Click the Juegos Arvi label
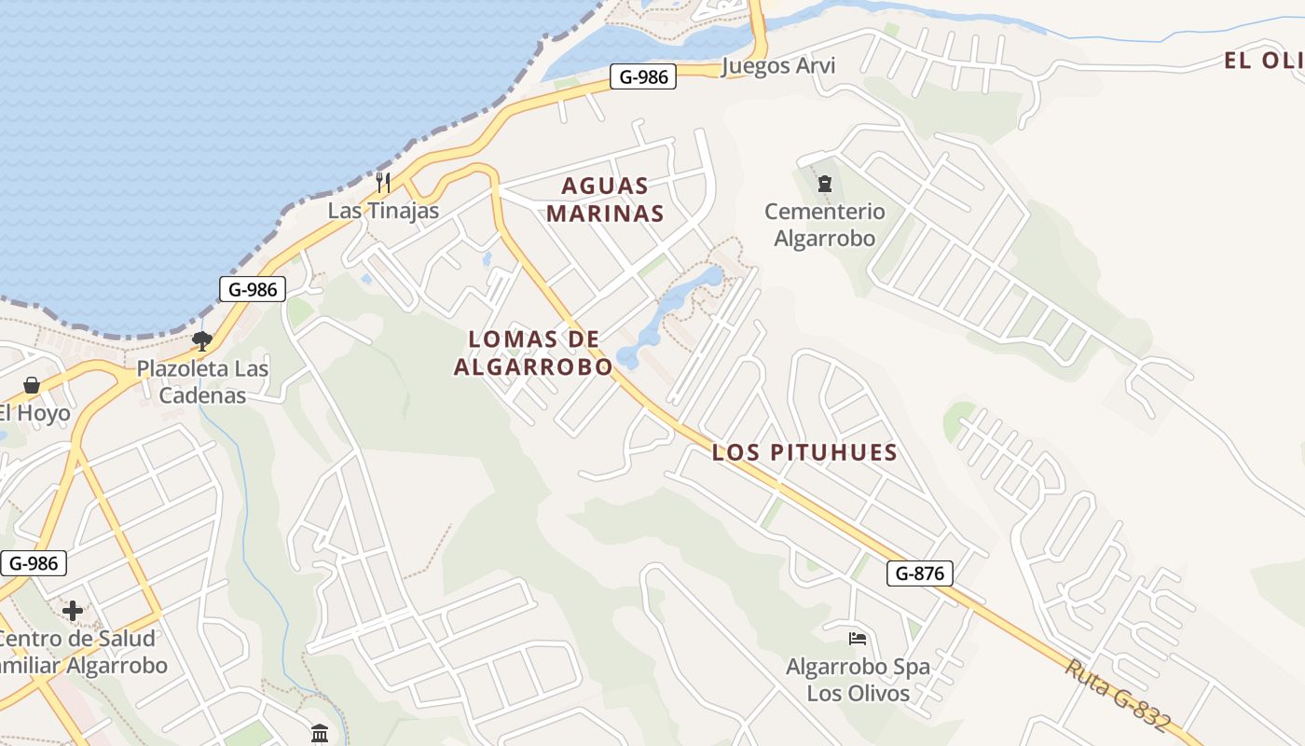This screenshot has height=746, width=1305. pyautogui.click(x=778, y=66)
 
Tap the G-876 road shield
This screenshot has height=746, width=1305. pyautogui.click(x=919, y=573)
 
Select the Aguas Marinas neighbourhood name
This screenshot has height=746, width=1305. pyautogui.click(x=605, y=200)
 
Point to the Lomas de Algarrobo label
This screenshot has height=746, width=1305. pyautogui.click(x=533, y=352)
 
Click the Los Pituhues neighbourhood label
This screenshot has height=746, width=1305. pyautogui.click(x=804, y=453)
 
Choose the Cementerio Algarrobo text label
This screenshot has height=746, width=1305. pyautogui.click(x=824, y=225)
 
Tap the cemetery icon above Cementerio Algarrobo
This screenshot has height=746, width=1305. pyautogui.click(x=824, y=184)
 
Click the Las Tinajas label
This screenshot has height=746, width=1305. pyautogui.click(x=383, y=211)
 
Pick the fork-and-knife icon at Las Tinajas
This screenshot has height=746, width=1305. pyautogui.click(x=382, y=181)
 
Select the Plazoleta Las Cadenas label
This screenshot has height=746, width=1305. pyautogui.click(x=202, y=381)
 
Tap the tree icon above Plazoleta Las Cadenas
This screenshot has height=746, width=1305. pyautogui.click(x=202, y=341)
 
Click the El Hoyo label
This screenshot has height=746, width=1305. pyautogui.click(x=34, y=413)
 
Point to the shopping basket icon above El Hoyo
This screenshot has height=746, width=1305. pyautogui.click(x=32, y=385)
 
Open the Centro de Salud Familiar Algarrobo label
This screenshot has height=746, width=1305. pyautogui.click(x=78, y=653)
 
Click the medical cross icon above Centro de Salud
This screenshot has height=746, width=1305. pyautogui.click(x=73, y=611)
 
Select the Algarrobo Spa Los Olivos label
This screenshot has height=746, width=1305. pyautogui.click(x=858, y=680)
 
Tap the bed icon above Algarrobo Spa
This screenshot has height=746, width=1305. pyautogui.click(x=858, y=639)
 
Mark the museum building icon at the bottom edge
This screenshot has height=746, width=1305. pyautogui.click(x=320, y=733)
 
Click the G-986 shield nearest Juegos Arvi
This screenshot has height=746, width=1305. pyautogui.click(x=643, y=76)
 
